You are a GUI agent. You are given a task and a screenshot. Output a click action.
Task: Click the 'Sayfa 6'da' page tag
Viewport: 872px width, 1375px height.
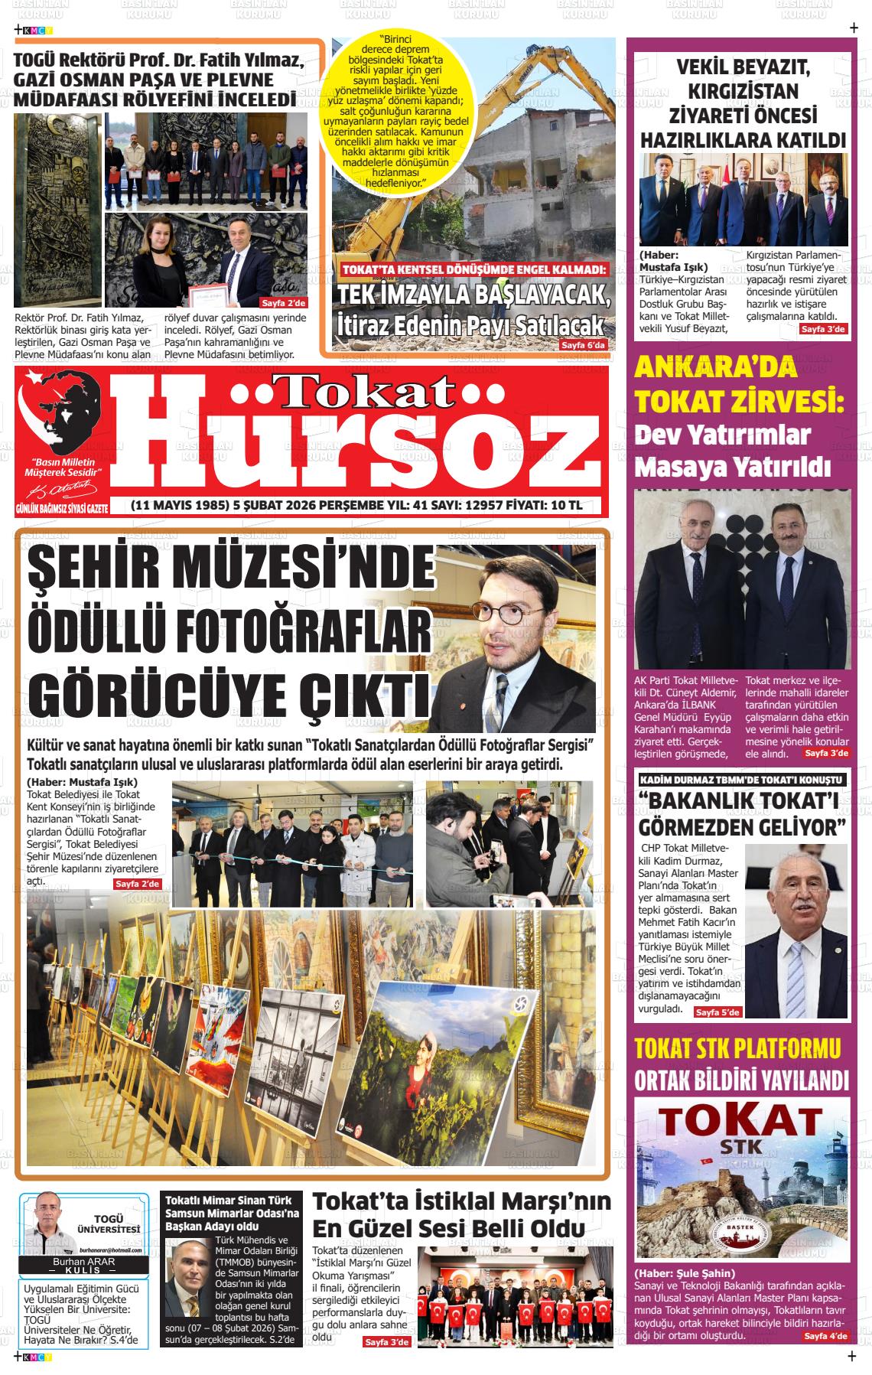click(x=583, y=345)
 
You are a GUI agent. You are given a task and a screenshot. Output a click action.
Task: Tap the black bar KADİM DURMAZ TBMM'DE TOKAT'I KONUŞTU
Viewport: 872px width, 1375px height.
click(x=740, y=780)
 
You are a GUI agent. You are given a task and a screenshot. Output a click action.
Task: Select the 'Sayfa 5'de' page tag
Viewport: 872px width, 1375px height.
click(x=717, y=1012)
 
